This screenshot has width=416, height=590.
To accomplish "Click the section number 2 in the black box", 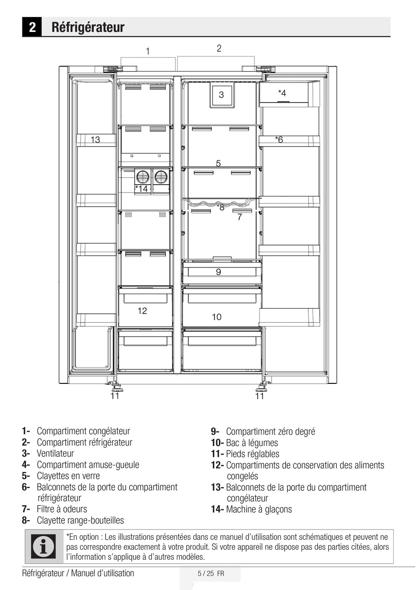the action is tap(32, 27).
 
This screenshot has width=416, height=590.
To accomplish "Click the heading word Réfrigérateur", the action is tap(88, 27).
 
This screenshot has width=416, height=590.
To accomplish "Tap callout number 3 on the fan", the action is tap(221, 95).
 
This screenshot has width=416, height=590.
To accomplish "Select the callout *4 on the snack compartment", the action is tap(282, 93).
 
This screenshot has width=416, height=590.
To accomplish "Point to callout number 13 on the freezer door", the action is tap(95, 140).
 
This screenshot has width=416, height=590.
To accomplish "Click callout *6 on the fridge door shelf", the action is tap(279, 139).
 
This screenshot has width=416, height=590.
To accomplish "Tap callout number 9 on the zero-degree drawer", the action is tap(219, 271).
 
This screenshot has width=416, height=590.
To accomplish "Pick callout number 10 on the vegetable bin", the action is tap(217, 316).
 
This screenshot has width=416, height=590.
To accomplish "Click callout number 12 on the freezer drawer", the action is tap(142, 311).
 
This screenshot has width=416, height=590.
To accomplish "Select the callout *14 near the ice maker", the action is tap(141, 189).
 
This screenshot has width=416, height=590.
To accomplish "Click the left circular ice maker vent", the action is tap(142, 177).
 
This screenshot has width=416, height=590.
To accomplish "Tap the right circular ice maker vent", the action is tap(161, 177).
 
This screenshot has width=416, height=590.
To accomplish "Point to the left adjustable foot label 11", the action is tap(115, 396).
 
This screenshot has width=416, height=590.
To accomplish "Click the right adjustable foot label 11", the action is tap(260, 396).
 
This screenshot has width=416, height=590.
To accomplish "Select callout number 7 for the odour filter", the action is tap(240, 217).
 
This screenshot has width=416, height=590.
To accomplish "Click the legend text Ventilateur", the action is tap(55, 453).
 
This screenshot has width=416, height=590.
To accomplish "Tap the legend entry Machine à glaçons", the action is tap(259, 509).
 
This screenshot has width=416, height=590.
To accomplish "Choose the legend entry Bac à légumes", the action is tap(252, 443).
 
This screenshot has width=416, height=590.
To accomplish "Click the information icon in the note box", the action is tap(43, 547).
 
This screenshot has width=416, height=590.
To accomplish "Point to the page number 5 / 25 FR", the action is tap(211, 573).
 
